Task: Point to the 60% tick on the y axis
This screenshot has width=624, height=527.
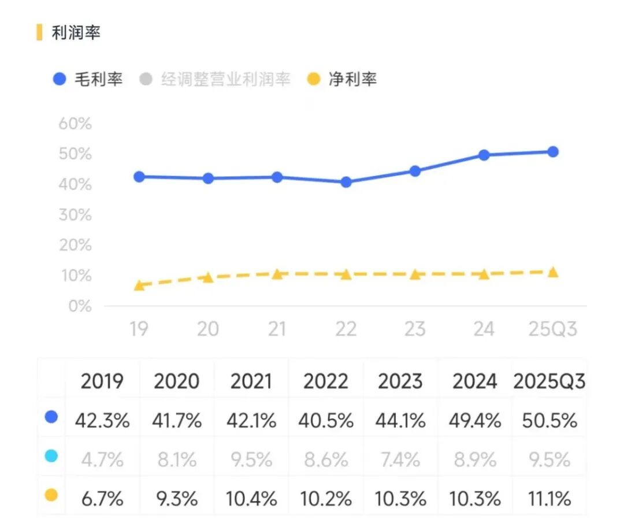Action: (75, 124)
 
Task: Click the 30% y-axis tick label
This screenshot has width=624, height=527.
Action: (75, 215)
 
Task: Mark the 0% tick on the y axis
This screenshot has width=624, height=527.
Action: (79, 306)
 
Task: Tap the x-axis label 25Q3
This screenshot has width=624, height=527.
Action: (553, 329)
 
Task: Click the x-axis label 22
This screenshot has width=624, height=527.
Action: (346, 329)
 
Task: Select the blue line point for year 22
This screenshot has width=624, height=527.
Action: (346, 182)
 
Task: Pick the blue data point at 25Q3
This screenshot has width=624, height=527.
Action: (553, 152)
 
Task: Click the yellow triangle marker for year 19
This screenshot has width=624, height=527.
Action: (139, 285)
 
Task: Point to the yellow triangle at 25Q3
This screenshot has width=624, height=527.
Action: (553, 272)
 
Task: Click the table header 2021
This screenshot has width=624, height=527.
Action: (251, 381)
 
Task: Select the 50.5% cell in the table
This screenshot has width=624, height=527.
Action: (549, 421)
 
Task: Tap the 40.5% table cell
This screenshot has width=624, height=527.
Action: (326, 421)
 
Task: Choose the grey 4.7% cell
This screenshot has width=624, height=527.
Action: (102, 460)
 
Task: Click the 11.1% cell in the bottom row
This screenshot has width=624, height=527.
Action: (549, 498)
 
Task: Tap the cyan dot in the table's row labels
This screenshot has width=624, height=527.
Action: (51, 456)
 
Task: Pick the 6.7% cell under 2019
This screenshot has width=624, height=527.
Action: (102, 498)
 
